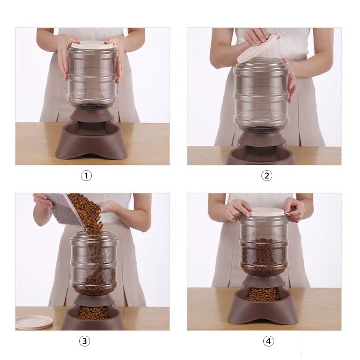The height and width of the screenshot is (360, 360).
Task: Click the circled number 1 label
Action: pyautogui.click(x=86, y=175)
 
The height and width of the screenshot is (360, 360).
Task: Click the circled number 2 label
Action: pyautogui.click(x=266, y=175)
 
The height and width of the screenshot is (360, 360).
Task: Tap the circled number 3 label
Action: pyautogui.click(x=85, y=341)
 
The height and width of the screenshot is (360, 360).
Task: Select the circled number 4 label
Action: pyautogui.click(x=268, y=341)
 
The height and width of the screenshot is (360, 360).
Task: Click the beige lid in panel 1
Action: pyautogui.click(x=94, y=45)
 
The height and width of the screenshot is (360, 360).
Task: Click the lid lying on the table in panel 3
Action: pyautogui.click(x=34, y=322)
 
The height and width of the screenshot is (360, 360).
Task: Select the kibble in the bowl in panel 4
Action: pyautogui.click(x=262, y=294)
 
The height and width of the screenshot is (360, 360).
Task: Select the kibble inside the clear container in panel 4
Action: pyautogui.click(x=264, y=256)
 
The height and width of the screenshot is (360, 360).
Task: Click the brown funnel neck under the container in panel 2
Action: pyautogui.click(x=261, y=140)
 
